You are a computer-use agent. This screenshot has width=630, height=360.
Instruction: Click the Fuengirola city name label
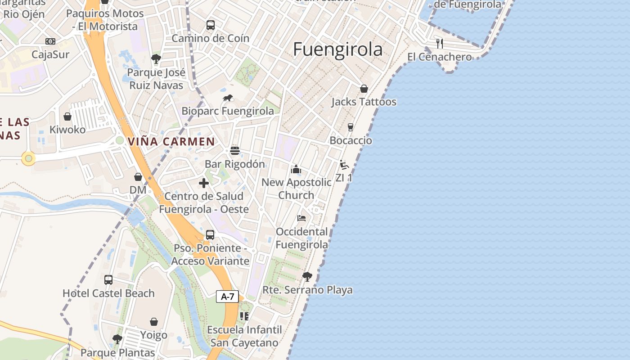337,49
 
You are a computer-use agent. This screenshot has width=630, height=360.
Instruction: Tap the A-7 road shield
228,297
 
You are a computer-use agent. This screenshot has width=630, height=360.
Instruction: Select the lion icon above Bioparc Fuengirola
228,98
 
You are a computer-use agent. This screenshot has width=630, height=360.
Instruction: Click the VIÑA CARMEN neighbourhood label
171,141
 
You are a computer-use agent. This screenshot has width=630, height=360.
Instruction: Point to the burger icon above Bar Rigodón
234,151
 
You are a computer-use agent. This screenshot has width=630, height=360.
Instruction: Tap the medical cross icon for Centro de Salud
204,183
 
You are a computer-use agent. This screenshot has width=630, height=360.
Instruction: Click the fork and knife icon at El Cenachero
440,44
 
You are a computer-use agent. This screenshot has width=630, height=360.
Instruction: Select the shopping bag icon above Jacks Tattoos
364,89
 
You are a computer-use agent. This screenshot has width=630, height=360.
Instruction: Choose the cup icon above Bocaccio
351,127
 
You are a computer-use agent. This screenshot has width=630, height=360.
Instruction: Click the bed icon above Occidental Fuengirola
301,218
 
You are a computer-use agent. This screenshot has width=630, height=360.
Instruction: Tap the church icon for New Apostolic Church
296,170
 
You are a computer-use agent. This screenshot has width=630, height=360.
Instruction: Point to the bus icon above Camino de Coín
210,25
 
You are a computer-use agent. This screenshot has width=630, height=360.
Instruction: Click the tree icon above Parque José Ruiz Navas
156,58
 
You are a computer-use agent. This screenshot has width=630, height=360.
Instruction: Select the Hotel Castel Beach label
108,293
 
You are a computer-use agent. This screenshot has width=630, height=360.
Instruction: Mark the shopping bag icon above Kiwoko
67,117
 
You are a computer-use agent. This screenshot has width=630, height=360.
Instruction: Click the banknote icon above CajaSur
50,41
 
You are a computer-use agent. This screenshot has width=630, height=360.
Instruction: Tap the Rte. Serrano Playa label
307,290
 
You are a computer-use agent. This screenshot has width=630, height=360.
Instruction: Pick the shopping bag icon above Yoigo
154,322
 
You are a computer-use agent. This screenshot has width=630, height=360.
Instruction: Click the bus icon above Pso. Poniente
210,235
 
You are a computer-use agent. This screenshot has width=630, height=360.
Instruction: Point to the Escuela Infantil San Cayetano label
244,336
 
